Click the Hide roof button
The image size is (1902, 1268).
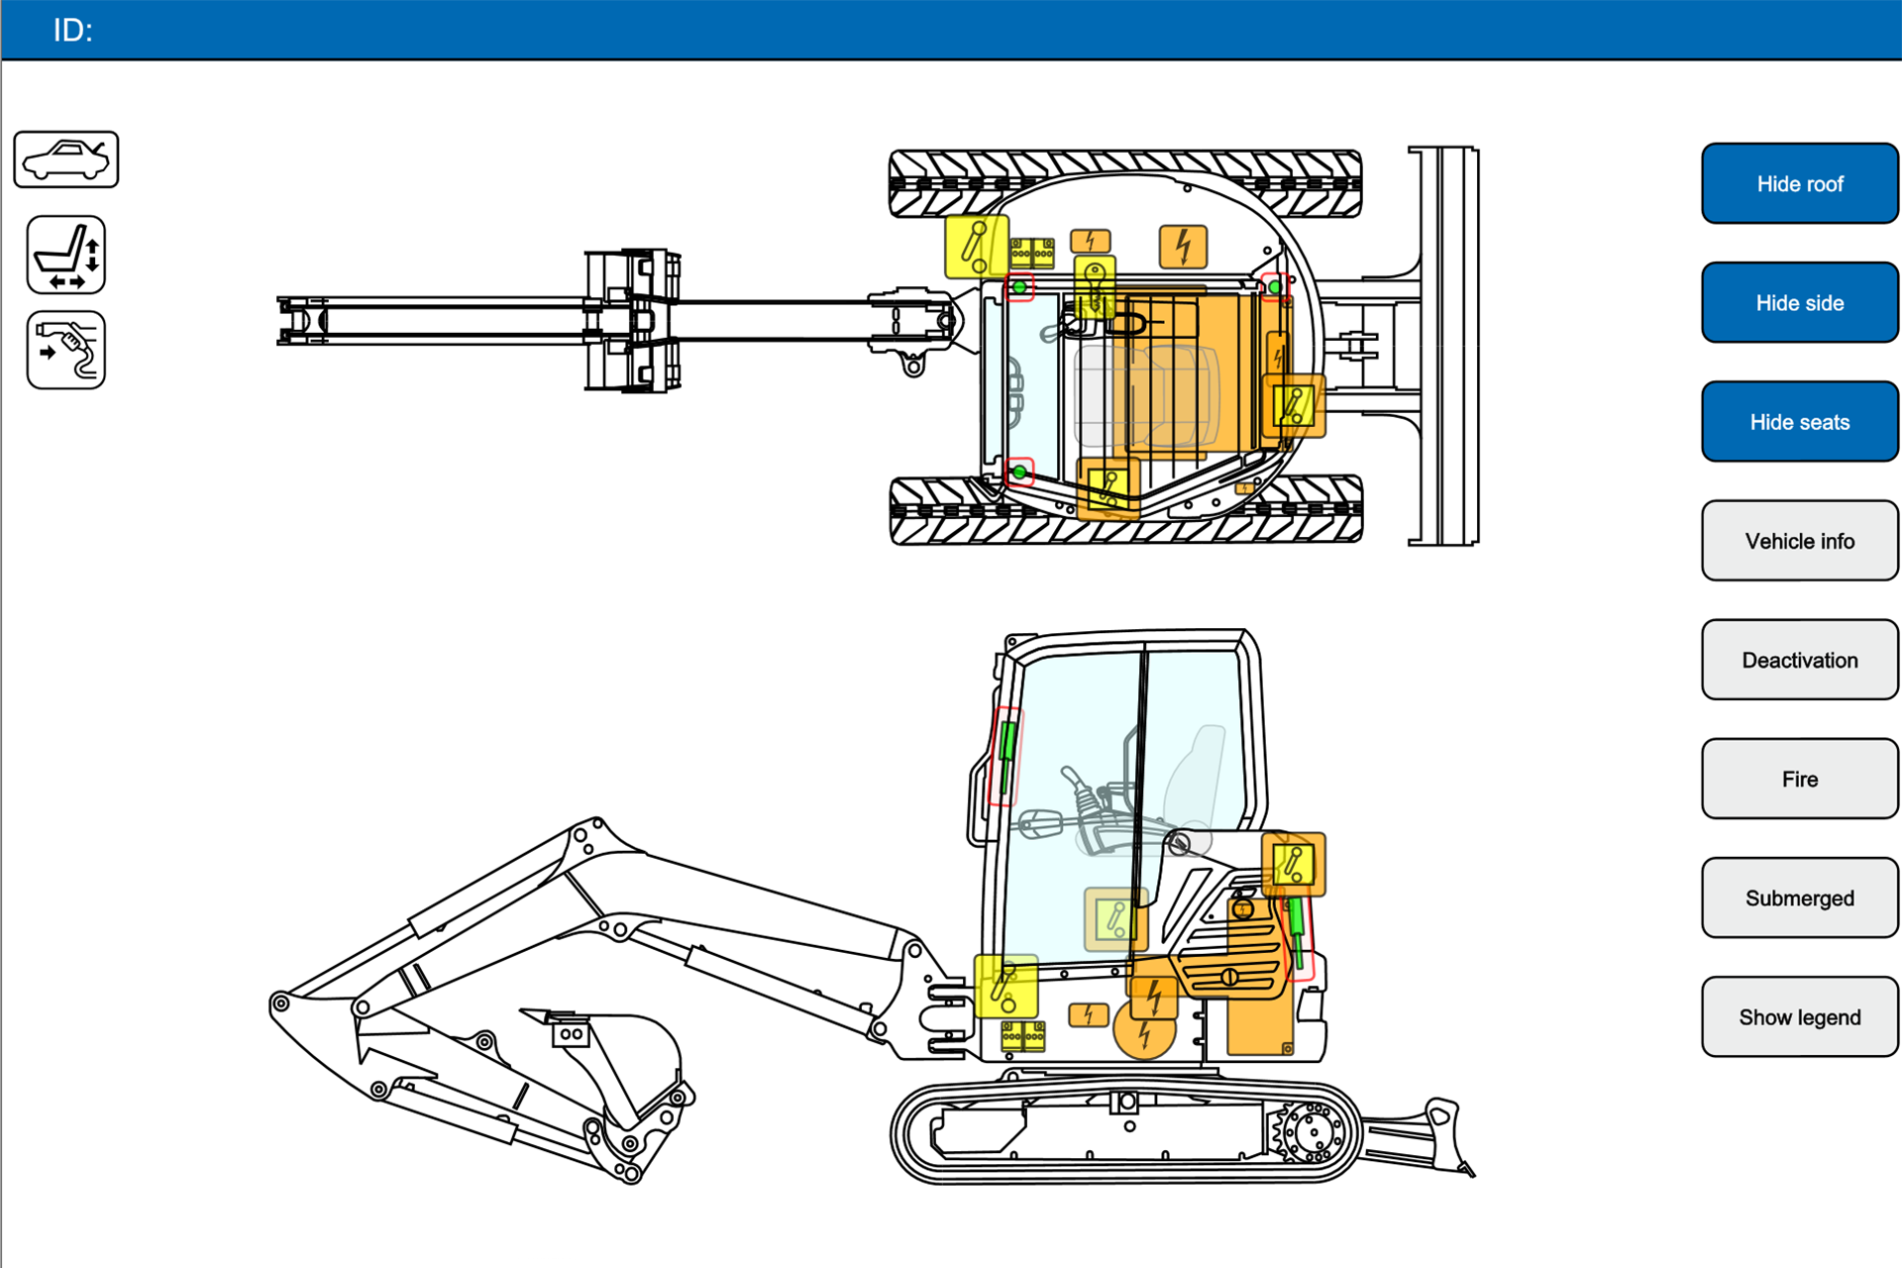1799,184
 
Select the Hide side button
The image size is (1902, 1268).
1799,303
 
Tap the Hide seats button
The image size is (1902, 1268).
1799,422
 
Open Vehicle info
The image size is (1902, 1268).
1799,541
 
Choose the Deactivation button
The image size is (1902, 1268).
1799,660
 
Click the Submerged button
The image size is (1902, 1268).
1799,898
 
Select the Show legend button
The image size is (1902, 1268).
1799,1016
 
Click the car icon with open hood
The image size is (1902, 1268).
66,159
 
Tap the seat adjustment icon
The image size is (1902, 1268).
66,256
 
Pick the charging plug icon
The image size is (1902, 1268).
66,351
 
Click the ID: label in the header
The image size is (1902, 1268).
72,31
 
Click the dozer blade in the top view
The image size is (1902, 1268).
1444,346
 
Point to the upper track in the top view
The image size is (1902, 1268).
1125,183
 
